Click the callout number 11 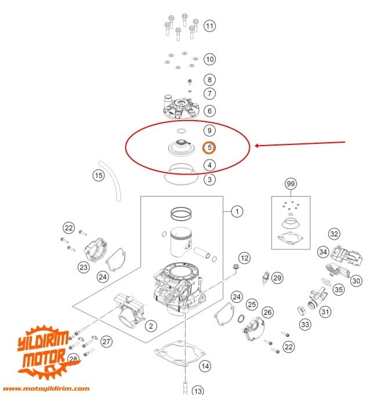(209, 26)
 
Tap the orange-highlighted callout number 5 (209, 147)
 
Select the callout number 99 (291, 184)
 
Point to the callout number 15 (99, 175)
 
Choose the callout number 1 (237, 212)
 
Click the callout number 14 (205, 366)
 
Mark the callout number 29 (277, 278)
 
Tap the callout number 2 (150, 327)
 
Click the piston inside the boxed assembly (182, 244)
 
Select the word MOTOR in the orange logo (43, 360)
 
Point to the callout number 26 (267, 312)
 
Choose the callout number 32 (350, 234)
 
